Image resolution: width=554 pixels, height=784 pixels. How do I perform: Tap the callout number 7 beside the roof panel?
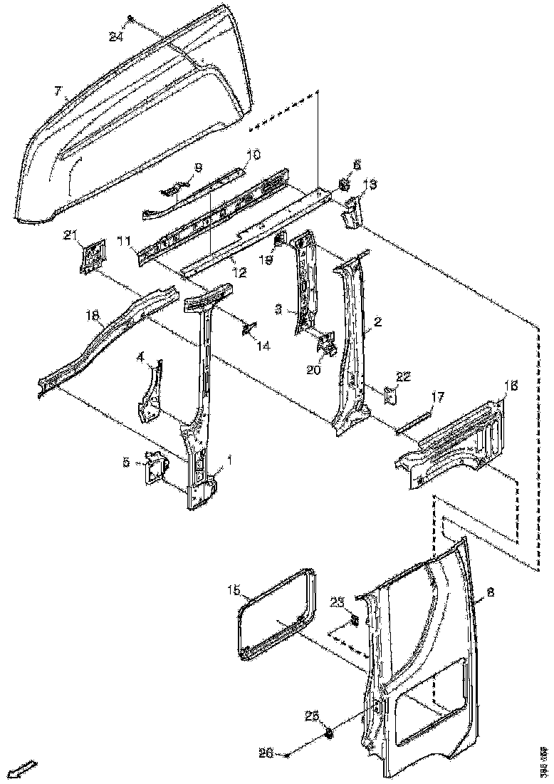coord(58,91)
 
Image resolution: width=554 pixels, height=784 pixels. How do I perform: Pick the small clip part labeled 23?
coord(353,621)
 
